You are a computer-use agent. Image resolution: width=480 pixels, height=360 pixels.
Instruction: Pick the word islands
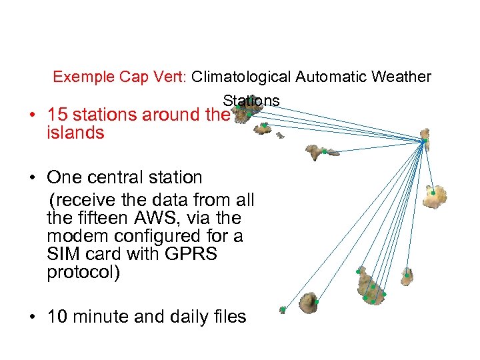(75, 133)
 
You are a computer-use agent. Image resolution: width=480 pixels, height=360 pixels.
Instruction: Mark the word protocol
(83, 272)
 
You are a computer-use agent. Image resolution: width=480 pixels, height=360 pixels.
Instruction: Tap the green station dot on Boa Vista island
(433, 193)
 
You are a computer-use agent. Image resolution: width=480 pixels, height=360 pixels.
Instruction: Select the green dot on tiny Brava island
(283, 309)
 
